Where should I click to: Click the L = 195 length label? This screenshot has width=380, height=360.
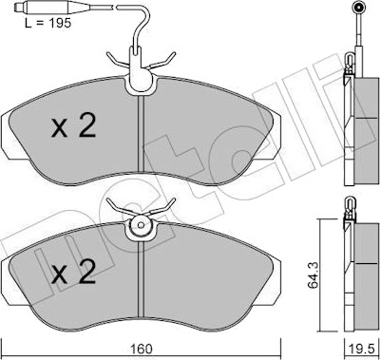tap(48, 23)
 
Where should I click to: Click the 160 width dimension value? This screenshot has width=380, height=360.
tap(141, 349)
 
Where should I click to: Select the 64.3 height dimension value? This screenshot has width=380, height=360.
tap(313, 275)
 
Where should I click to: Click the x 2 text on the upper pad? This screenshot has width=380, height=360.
tap(73, 126)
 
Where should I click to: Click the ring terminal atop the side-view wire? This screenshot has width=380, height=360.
tap(359, 7)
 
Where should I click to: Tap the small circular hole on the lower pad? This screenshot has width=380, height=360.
tap(142, 225)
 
